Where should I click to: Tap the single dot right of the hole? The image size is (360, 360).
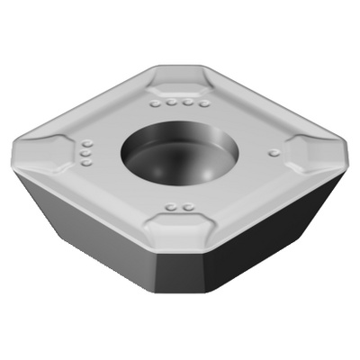(x=272, y=154)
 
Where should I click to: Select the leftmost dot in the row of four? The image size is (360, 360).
(x=154, y=104)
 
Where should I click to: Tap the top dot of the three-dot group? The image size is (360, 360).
(x=87, y=144)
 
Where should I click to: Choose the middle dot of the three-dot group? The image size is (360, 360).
(x=86, y=154)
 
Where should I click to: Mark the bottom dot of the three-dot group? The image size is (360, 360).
(x=85, y=164)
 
